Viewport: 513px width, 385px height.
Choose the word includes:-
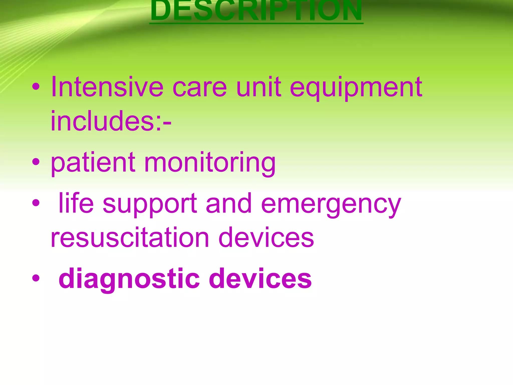pos(111,121)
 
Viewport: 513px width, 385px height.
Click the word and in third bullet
pos(228,204)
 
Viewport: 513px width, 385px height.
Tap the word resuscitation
pos(130,237)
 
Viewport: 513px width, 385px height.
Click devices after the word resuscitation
pos(266,237)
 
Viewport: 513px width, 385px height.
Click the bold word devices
pos(260,278)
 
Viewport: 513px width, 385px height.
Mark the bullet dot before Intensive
pos(36,87)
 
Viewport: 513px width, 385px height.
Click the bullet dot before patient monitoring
pos(36,162)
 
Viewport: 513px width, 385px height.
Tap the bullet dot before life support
pos(36,203)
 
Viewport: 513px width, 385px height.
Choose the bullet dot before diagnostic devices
pos(36,278)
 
